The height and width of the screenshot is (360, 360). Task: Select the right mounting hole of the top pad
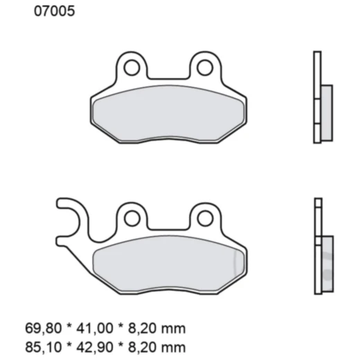[x=204, y=67]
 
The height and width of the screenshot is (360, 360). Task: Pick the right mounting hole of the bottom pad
[x=204, y=219]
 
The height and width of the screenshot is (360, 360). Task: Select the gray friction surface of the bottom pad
[x=168, y=265]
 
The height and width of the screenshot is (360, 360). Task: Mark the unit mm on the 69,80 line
[x=177, y=327]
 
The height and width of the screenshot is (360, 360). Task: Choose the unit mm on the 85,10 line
[x=177, y=343]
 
